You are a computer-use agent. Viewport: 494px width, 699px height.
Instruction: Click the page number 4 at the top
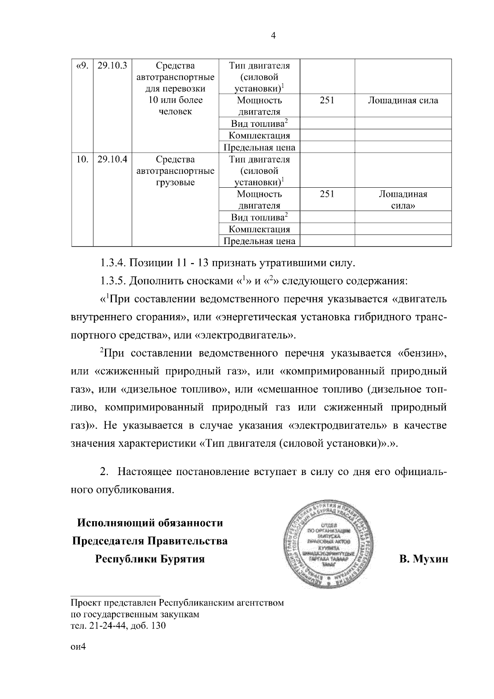pos(273,36)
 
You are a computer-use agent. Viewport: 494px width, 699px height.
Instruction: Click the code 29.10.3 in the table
pos(112,65)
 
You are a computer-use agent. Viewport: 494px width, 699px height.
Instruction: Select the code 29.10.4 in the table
pos(112,159)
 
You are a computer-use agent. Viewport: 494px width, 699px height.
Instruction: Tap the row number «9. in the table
pos(82,65)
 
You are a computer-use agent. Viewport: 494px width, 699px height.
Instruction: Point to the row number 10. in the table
pos(82,159)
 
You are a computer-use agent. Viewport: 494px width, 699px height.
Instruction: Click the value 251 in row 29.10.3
pos(327,100)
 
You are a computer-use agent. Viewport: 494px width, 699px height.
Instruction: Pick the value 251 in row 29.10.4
pos(327,194)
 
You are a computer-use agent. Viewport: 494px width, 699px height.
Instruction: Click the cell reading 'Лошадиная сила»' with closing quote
pos(403,200)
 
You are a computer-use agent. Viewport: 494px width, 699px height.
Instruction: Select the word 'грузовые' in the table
pos(175,182)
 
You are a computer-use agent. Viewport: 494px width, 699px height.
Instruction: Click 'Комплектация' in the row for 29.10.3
pos(259,135)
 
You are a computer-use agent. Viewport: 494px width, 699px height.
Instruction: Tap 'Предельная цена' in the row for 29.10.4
pos(259,241)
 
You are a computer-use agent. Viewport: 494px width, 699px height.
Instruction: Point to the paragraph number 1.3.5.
pos(113,281)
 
